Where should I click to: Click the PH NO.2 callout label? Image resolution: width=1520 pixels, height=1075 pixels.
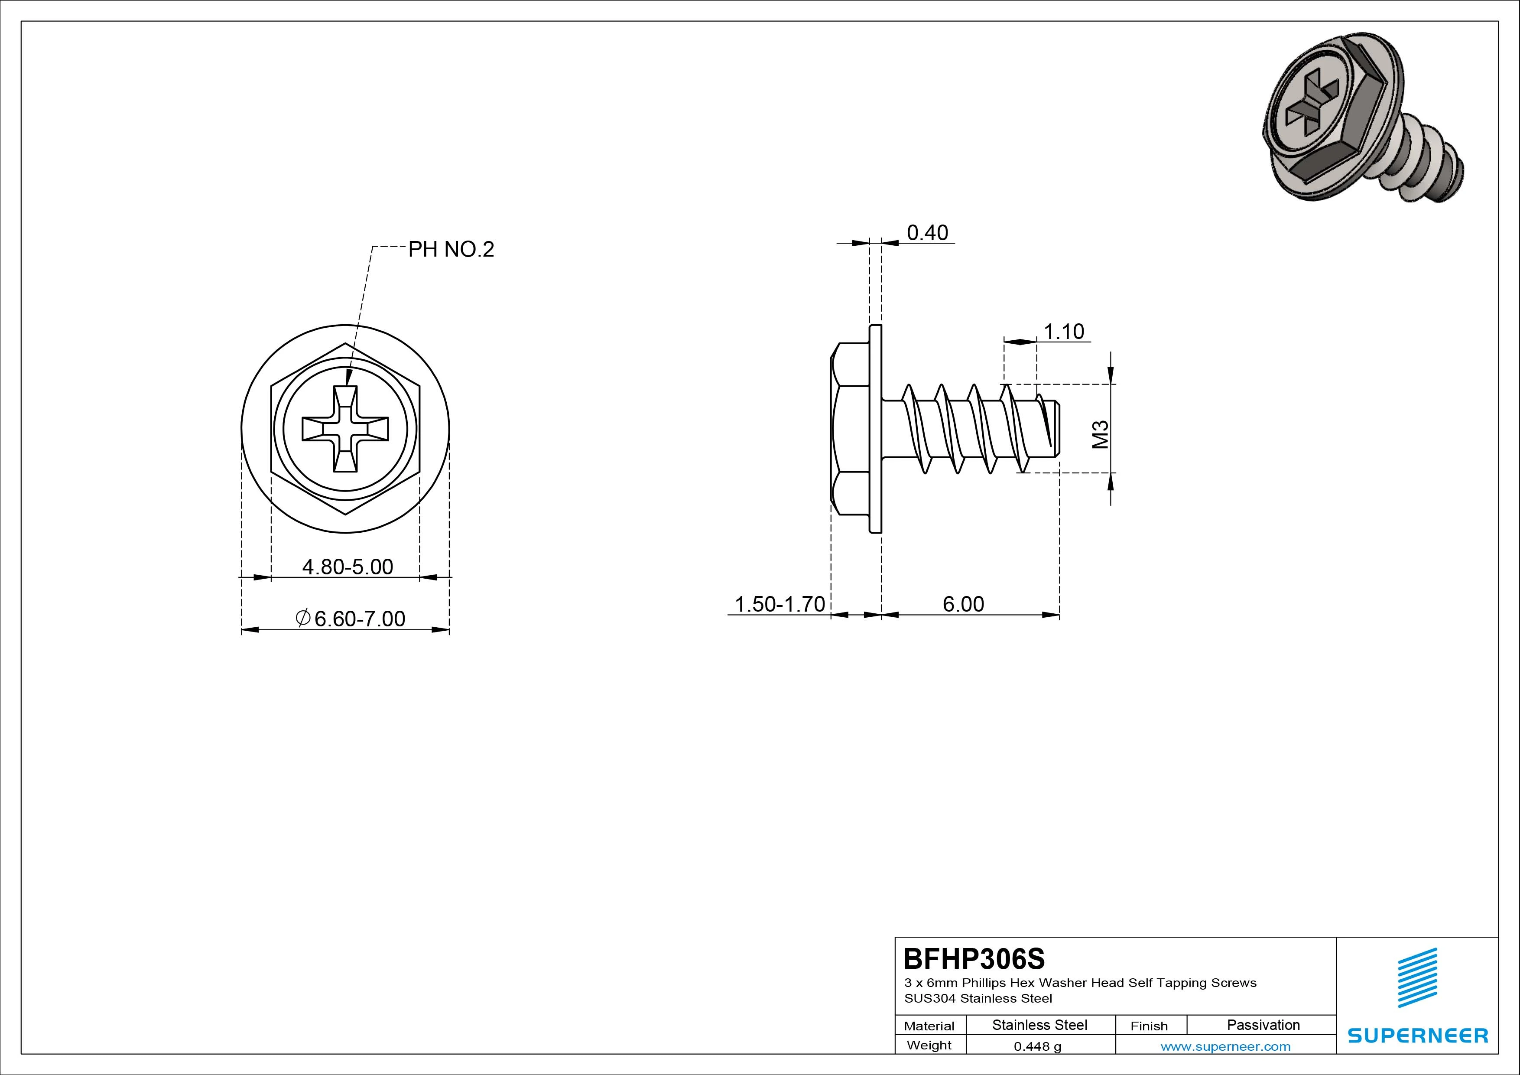[451, 249]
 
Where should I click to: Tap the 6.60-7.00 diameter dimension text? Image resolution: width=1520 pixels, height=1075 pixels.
[360, 618]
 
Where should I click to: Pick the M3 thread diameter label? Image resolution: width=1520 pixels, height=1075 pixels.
[1100, 434]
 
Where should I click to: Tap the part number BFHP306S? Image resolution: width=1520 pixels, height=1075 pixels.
[974, 958]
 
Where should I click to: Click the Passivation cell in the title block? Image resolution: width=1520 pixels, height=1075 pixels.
[1263, 1025]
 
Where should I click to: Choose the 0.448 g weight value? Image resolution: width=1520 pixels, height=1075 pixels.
[1037, 1046]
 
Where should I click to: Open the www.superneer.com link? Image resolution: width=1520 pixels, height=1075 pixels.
[1225, 1046]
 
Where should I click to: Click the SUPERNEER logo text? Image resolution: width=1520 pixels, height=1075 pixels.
[1417, 1035]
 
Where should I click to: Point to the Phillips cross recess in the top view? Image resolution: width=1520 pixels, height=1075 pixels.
[345, 429]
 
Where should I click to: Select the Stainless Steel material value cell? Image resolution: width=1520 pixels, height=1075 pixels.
[1039, 1025]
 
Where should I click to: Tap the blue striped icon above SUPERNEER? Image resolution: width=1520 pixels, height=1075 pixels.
[1417, 977]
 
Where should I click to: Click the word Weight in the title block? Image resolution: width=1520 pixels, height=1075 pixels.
[929, 1045]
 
